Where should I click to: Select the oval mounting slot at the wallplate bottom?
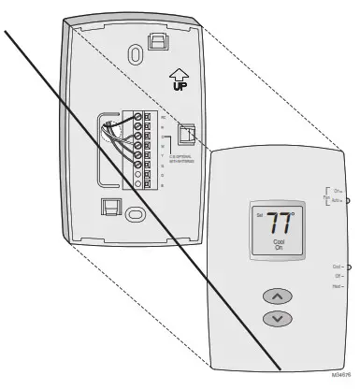pos(137,213)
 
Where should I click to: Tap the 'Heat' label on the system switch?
pos(336,286)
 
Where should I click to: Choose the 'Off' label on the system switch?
pos(337,276)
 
